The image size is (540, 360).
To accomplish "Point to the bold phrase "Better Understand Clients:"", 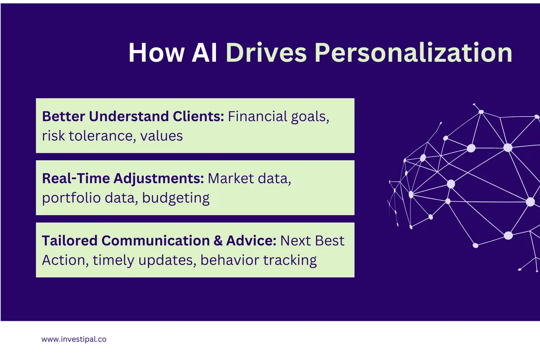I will (x=133, y=117).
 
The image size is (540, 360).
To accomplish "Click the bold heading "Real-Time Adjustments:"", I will (x=123, y=179).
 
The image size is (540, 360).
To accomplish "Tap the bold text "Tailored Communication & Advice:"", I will (x=159, y=241).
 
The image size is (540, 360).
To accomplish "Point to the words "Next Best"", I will (x=312, y=241).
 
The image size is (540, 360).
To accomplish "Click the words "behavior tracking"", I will (x=259, y=260).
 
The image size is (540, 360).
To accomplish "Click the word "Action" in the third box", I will (x=63, y=260).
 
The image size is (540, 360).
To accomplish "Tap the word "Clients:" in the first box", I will (x=198, y=117).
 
